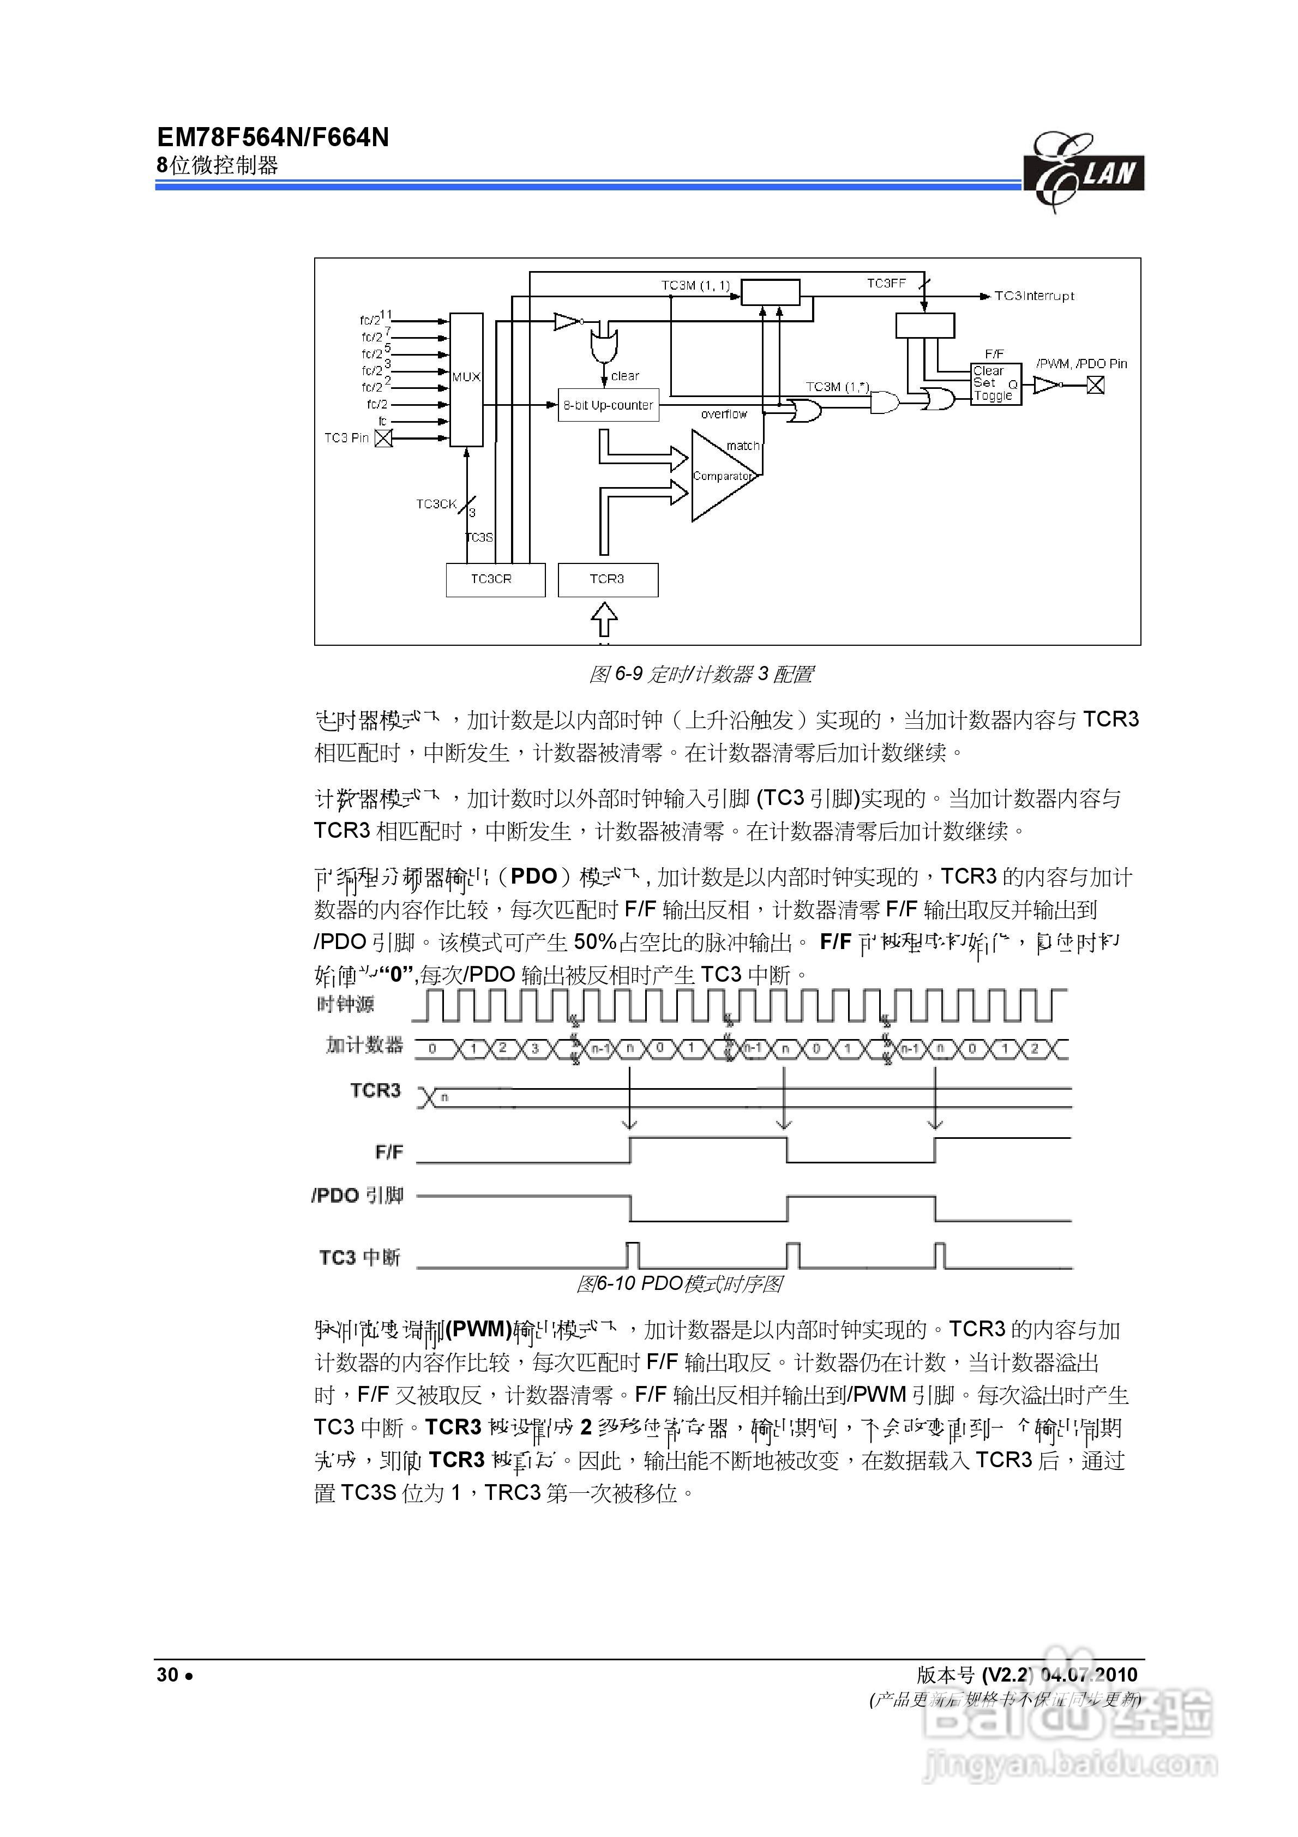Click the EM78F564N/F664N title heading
click(273, 137)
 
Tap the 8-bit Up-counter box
click(608, 405)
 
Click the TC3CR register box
click(495, 579)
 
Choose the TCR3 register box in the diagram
click(608, 579)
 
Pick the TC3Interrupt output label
click(1034, 296)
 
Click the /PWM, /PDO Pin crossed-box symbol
click(1095, 386)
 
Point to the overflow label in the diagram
click(723, 415)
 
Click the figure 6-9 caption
click(700, 675)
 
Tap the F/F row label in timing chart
click(389, 1152)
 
